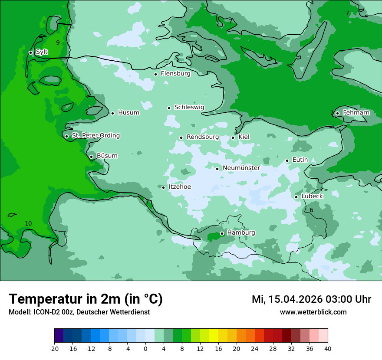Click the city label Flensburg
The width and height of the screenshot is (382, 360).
175,74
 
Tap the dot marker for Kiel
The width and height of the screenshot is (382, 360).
233,137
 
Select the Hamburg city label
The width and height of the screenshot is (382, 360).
241,233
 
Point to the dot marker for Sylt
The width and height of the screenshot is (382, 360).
31,52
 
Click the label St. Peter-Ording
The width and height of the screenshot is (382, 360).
95,136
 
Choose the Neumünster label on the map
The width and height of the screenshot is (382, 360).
241,168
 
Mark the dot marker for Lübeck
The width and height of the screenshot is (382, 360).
296,197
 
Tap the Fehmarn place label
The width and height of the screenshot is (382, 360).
356,113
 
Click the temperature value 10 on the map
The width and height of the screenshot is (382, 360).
28,223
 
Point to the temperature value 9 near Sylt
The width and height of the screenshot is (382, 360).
58,43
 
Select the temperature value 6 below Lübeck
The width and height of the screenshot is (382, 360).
311,210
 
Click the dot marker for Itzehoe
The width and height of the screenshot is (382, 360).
164,187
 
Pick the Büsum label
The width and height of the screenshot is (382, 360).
107,156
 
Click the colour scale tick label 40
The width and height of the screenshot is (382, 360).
328,349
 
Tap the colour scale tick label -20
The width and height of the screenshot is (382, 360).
54,349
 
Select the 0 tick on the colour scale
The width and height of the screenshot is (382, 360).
145,349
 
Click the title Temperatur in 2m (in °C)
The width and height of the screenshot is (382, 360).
86,299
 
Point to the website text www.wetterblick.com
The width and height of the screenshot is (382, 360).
313,312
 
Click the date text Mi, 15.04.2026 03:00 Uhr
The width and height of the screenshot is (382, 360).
311,299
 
